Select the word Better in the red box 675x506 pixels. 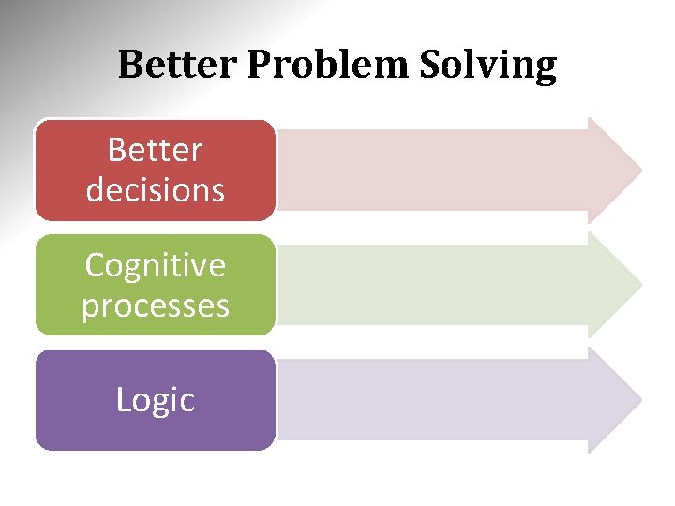[x=155, y=149]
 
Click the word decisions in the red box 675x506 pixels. [x=155, y=190]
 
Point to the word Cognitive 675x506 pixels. [x=155, y=265]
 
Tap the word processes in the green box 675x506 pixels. [x=155, y=306]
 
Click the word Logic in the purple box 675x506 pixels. [x=155, y=400]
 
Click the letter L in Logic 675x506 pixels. [x=122, y=400]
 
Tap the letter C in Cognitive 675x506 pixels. [x=93, y=265]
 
